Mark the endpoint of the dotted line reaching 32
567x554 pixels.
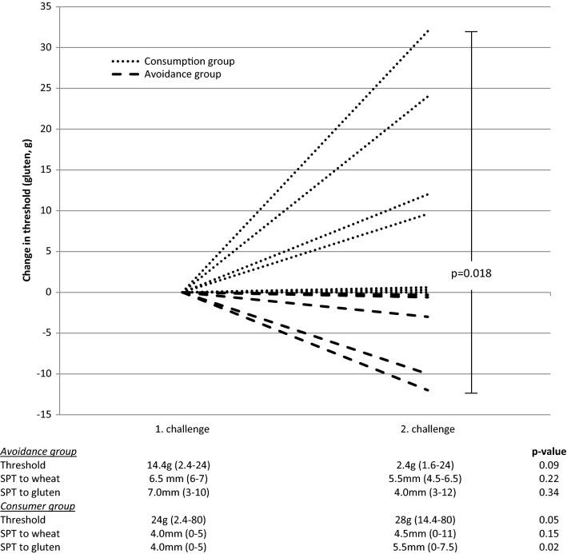tap(429, 31)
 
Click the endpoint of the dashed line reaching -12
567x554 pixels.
tap(429, 390)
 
